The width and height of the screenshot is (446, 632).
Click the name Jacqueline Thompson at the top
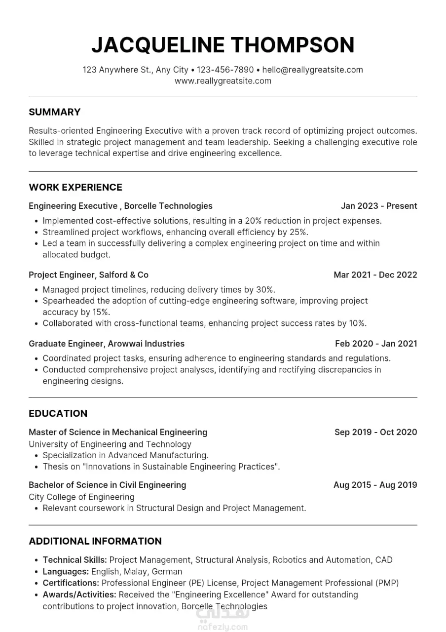tap(223, 45)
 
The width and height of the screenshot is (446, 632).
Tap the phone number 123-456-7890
tap(225, 70)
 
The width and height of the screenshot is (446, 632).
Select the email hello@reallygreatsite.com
tap(312, 70)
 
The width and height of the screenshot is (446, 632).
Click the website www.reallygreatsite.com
tap(223, 81)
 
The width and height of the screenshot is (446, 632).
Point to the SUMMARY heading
tap(54, 112)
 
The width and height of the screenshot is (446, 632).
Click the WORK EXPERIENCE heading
tap(75, 187)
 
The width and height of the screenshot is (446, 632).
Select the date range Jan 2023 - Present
tap(379, 206)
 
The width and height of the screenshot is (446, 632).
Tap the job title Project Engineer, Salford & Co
tap(88, 275)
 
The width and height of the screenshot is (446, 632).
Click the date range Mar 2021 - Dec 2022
tap(375, 275)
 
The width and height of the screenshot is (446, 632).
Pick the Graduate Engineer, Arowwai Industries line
tap(107, 344)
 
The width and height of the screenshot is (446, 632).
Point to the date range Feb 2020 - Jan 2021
tap(376, 344)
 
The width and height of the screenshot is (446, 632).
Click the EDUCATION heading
tap(58, 413)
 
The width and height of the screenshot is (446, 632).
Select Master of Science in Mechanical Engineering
tap(118, 432)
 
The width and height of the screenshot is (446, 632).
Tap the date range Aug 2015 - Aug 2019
tap(375, 485)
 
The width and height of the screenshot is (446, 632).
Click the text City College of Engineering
tap(81, 497)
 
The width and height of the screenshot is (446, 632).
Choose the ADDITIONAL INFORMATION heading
tap(95, 541)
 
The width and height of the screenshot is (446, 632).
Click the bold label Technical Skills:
tap(74, 560)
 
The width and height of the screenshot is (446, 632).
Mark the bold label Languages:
tap(66, 571)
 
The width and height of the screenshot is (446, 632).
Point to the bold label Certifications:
tap(71, 583)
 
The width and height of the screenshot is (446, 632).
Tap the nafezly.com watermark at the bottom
tap(223, 627)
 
